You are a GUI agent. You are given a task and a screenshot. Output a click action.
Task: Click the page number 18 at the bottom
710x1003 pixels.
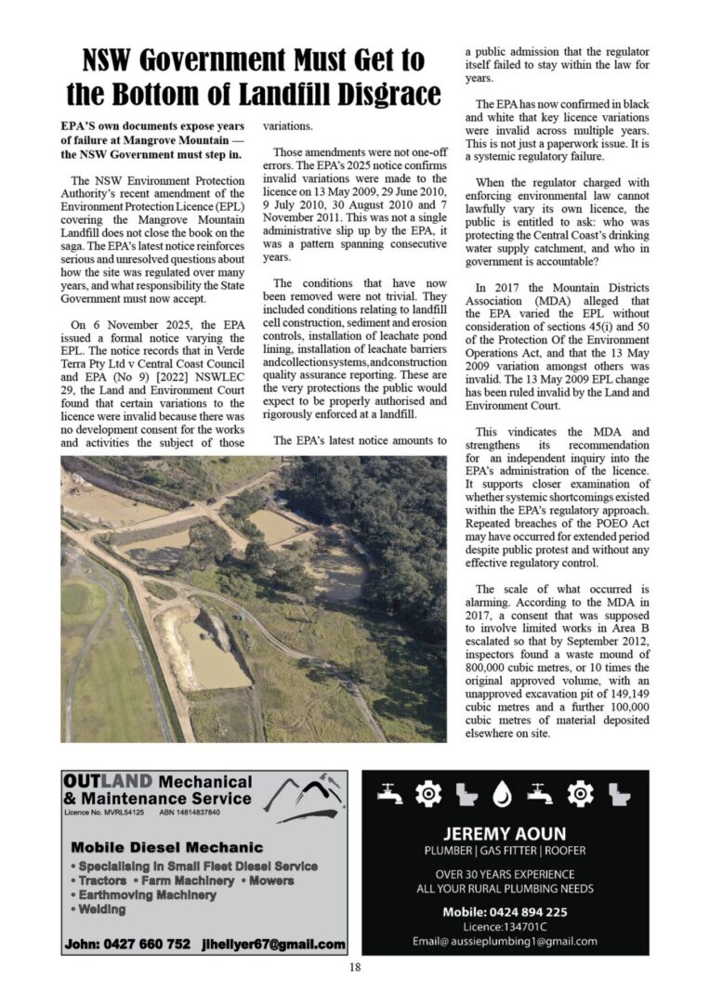(x=355, y=967)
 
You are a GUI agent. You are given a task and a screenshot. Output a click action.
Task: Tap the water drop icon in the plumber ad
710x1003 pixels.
(x=503, y=793)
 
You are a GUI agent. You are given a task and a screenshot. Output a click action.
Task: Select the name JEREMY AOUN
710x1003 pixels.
(x=505, y=834)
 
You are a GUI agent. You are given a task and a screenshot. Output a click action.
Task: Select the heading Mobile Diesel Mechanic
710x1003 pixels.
(x=166, y=847)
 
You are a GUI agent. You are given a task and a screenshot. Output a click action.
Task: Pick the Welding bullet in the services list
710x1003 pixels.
(x=101, y=909)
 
